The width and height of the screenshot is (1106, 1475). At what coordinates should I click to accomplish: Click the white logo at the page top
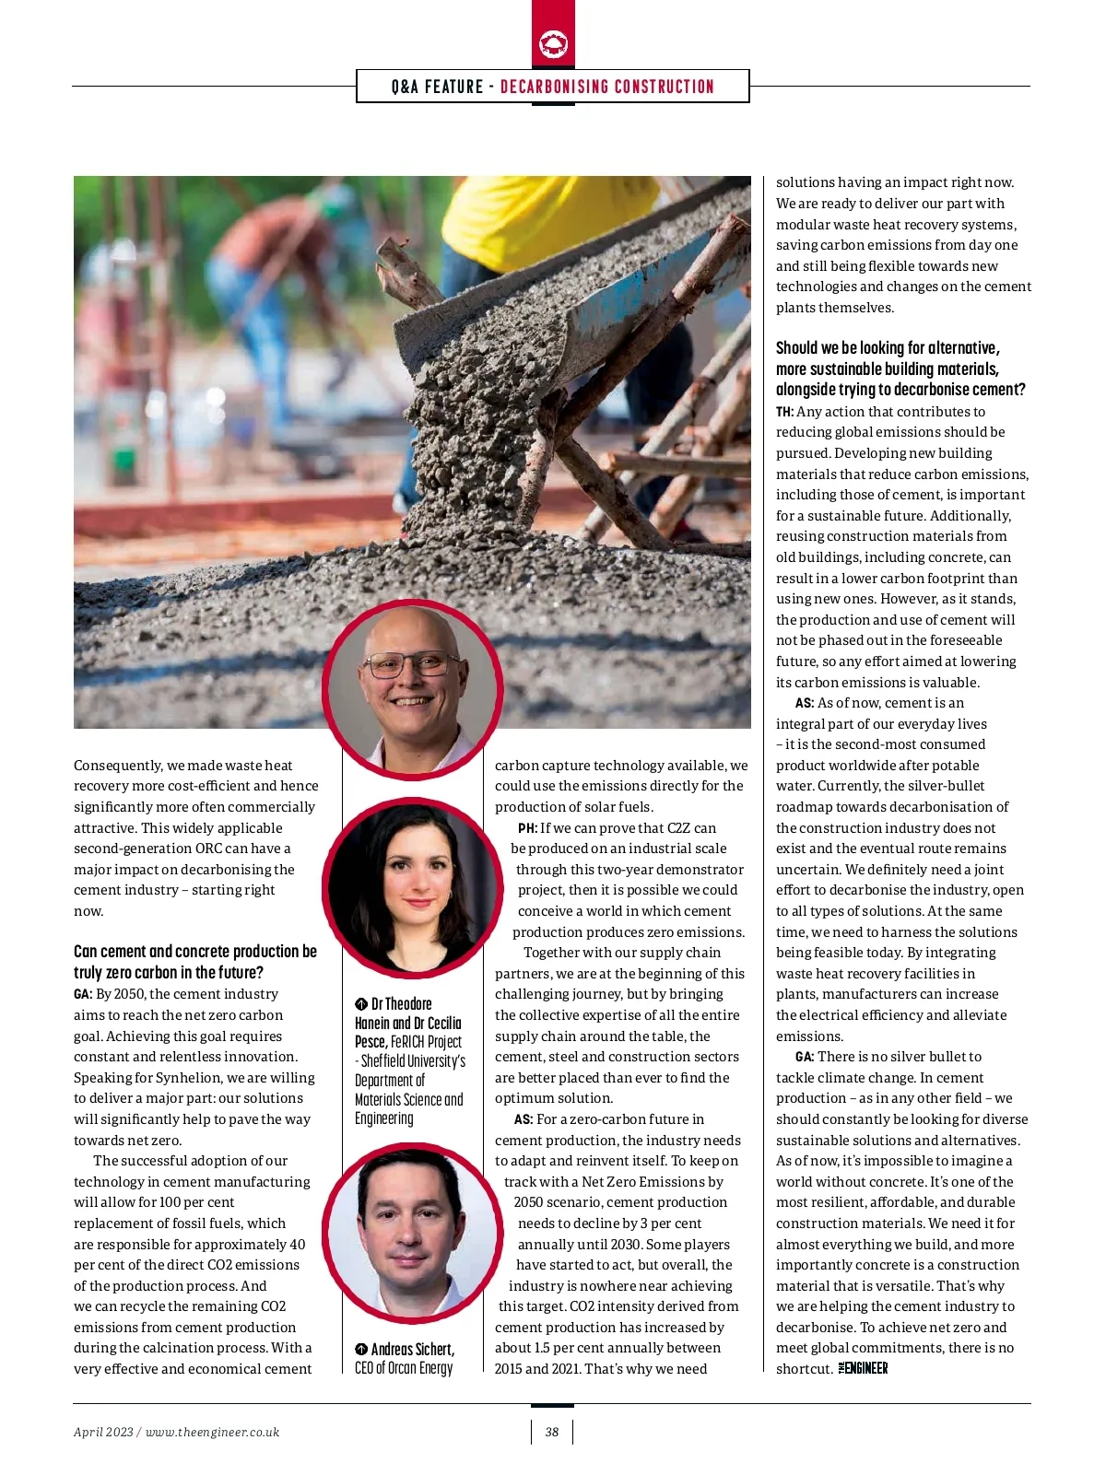point(553,43)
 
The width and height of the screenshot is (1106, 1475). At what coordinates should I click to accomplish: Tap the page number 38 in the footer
point(552,1432)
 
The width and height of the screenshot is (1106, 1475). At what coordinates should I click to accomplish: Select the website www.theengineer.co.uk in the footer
point(212,1432)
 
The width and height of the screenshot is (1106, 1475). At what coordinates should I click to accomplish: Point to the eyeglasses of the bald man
point(412,664)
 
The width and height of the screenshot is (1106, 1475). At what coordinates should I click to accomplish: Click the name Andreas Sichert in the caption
point(412,1349)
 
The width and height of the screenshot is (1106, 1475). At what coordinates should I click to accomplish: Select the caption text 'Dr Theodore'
point(401,1003)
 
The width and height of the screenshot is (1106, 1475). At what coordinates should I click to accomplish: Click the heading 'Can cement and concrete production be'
point(194,951)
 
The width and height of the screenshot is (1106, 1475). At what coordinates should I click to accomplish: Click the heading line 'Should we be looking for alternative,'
point(888,347)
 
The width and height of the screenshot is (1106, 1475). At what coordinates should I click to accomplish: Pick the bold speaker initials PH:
point(527,828)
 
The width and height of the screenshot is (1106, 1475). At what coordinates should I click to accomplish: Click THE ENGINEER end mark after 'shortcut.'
point(864,1368)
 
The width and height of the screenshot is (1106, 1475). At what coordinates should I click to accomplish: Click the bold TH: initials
point(784,412)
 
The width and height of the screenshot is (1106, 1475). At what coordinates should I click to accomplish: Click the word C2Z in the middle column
point(678,828)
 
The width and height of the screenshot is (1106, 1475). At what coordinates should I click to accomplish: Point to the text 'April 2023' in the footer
point(103,1432)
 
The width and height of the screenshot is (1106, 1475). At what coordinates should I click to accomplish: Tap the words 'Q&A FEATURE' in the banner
point(437,87)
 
